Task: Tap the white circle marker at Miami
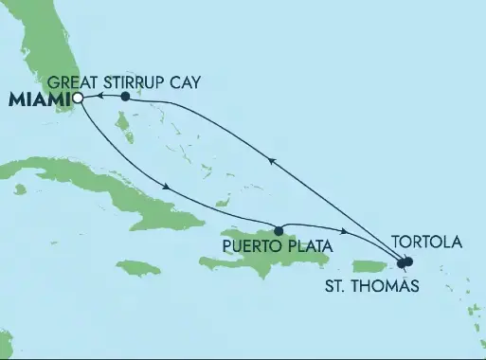coord(78,97)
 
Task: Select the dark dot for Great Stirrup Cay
coord(126,97)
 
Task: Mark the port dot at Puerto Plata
coord(279,230)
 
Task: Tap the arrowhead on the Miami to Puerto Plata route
coord(167,186)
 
